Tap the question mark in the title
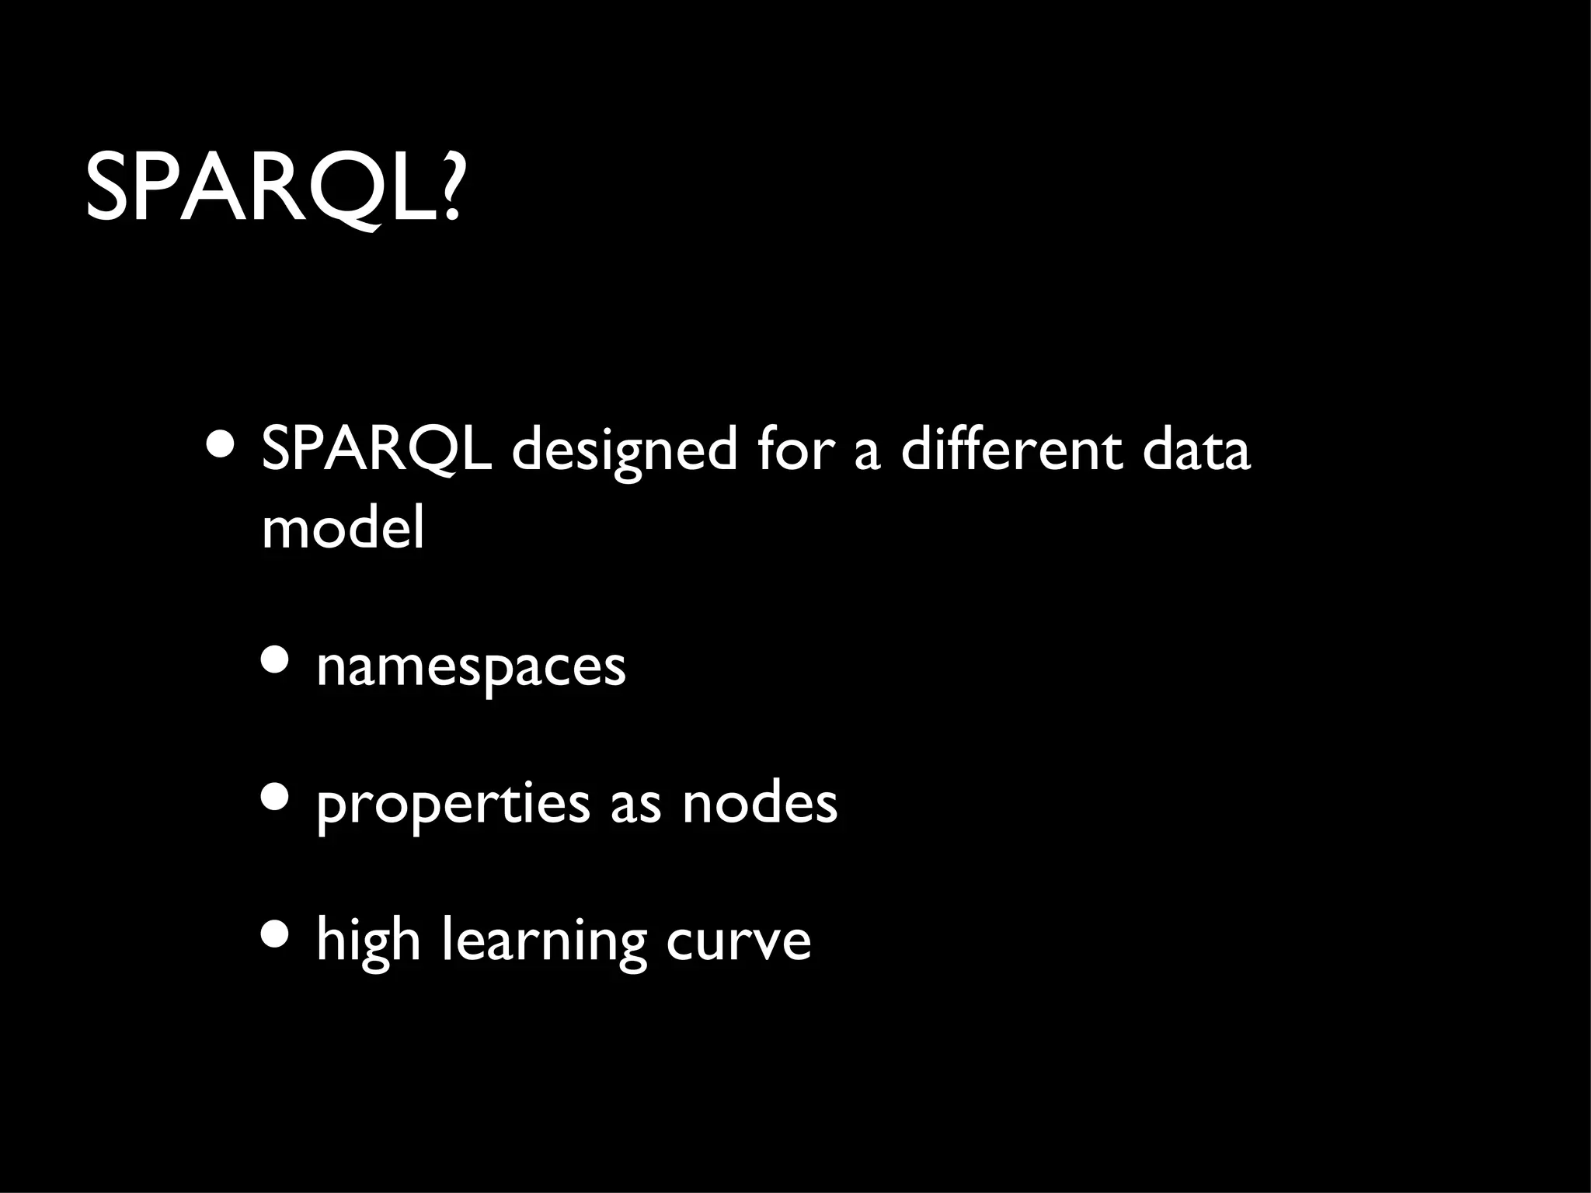pyautogui.click(x=449, y=189)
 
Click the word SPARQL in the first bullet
pyautogui.click(x=376, y=450)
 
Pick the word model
pyautogui.click(x=343, y=528)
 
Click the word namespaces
pyautogui.click(x=471, y=666)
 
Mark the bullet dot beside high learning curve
pyautogui.click(x=276, y=934)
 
